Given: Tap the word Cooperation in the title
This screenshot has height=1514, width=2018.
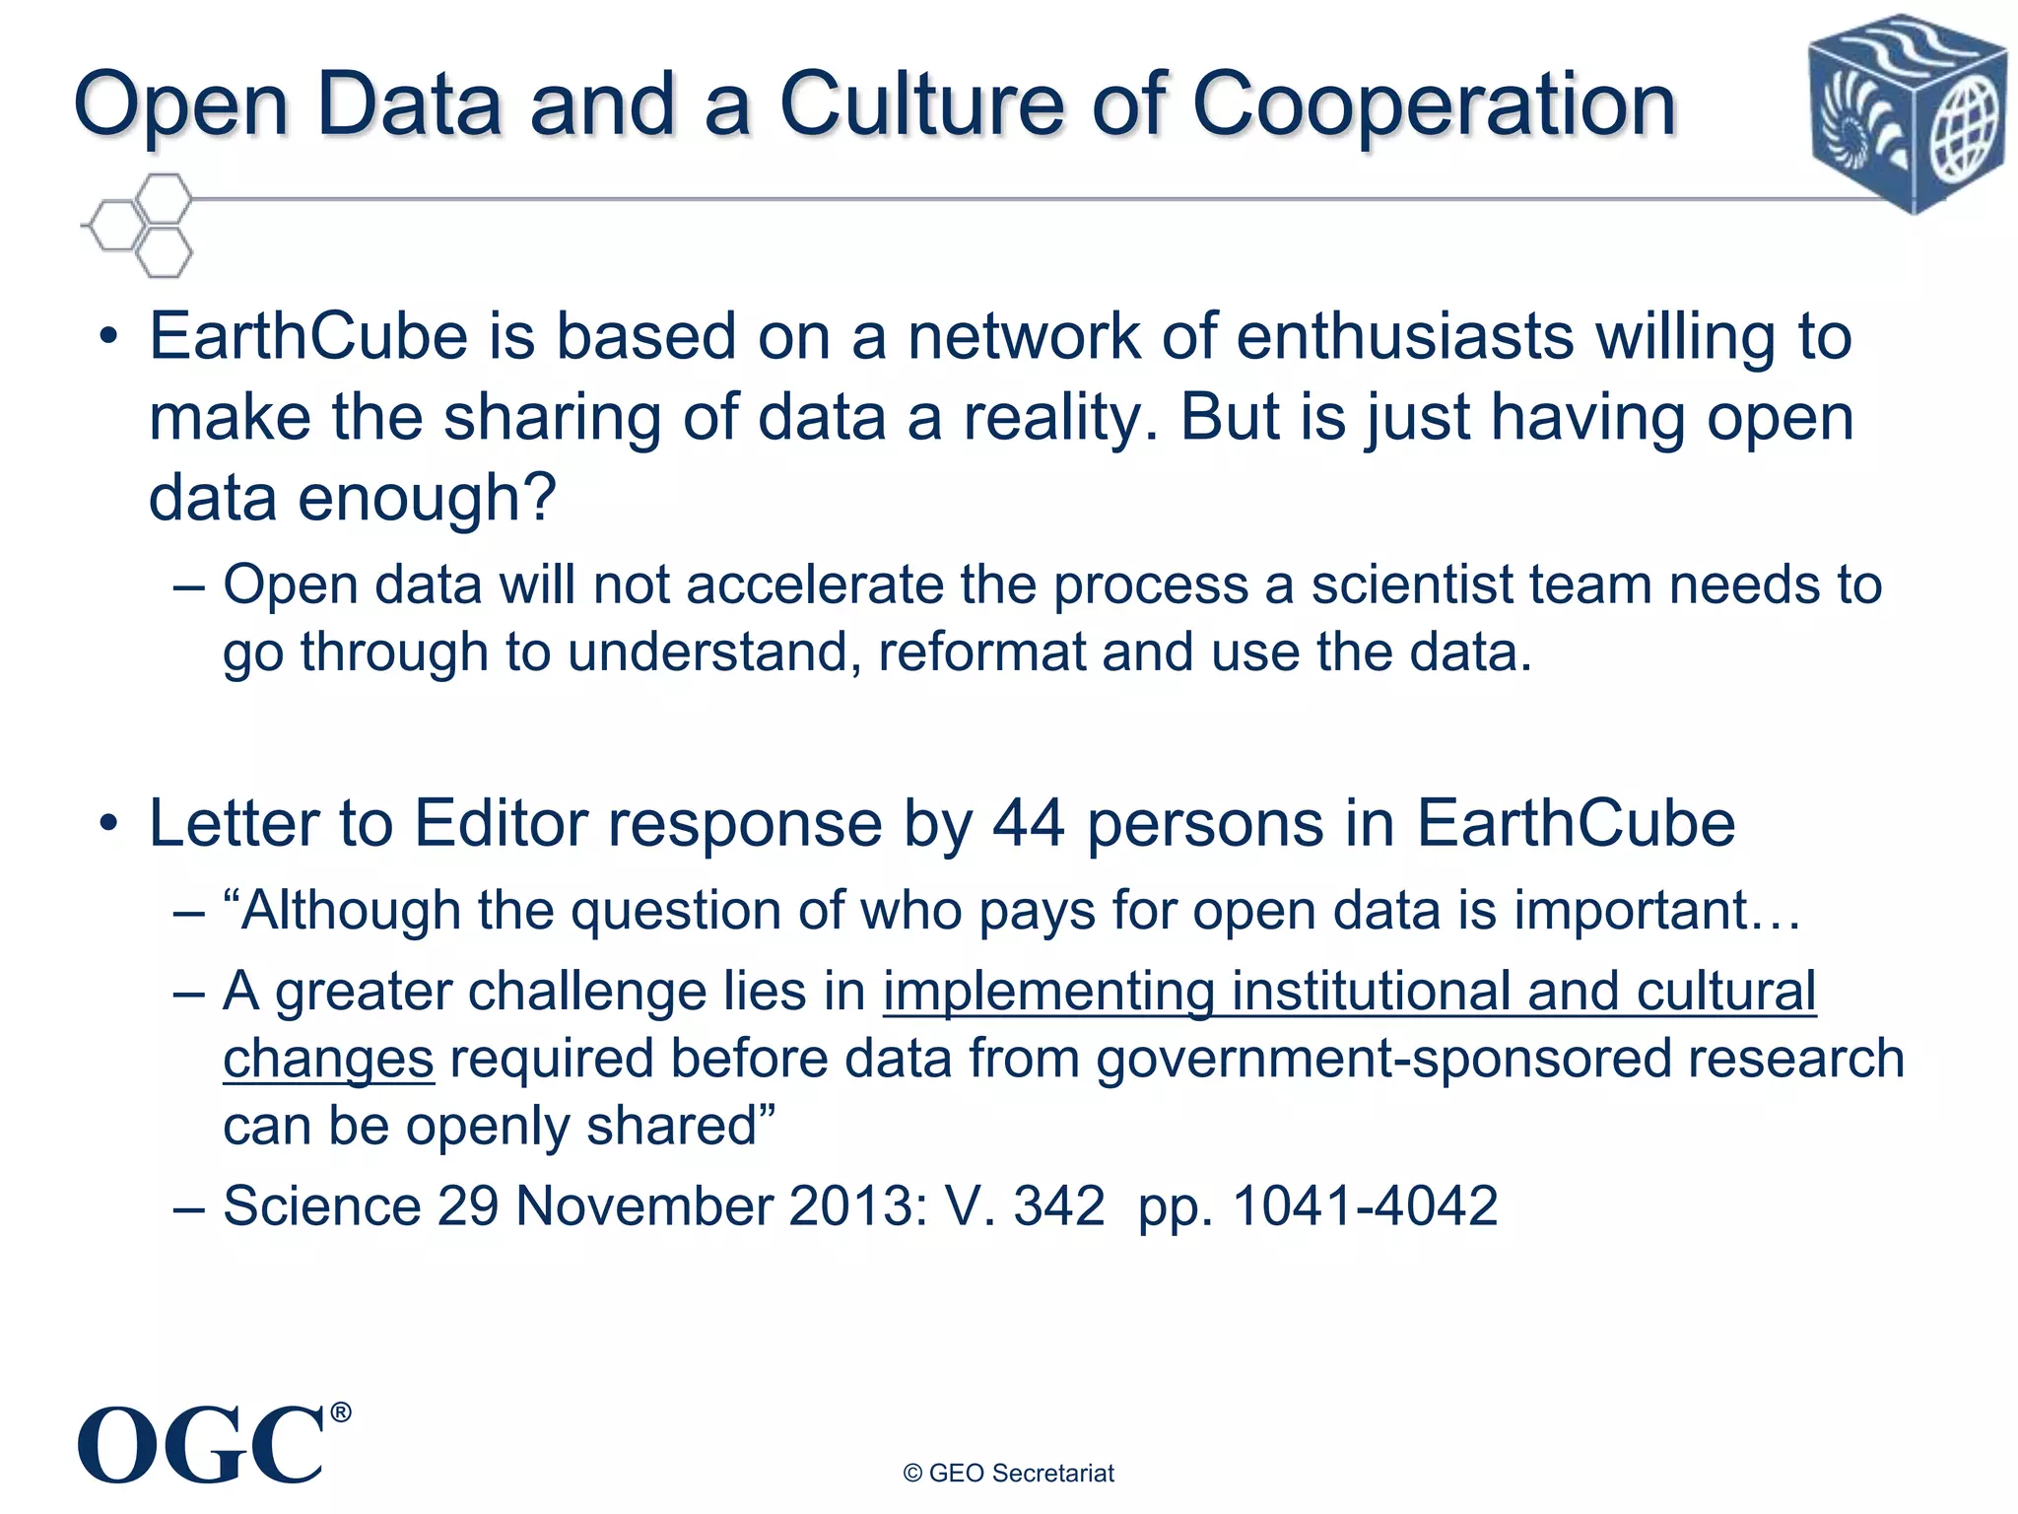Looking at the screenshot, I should pyautogui.click(x=1434, y=106).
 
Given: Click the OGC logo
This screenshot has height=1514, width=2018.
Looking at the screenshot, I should pyautogui.click(x=202, y=1445).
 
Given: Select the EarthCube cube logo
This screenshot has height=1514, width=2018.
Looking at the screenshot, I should pyautogui.click(x=1907, y=112).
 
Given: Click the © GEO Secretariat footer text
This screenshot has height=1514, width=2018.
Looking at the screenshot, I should pyautogui.click(x=1008, y=1474).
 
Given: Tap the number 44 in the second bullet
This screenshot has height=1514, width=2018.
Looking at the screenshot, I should pyautogui.click(x=1028, y=823).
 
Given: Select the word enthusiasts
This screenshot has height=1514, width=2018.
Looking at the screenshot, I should pyautogui.click(x=1404, y=337).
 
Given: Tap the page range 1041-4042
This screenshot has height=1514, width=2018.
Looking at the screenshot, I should pyautogui.click(x=1365, y=1205).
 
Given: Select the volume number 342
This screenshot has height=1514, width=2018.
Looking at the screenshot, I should pyautogui.click(x=1059, y=1205).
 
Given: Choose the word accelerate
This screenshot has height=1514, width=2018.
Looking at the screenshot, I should pyautogui.click(x=814, y=585).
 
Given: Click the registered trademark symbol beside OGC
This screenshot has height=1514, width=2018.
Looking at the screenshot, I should pyautogui.click(x=340, y=1412).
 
